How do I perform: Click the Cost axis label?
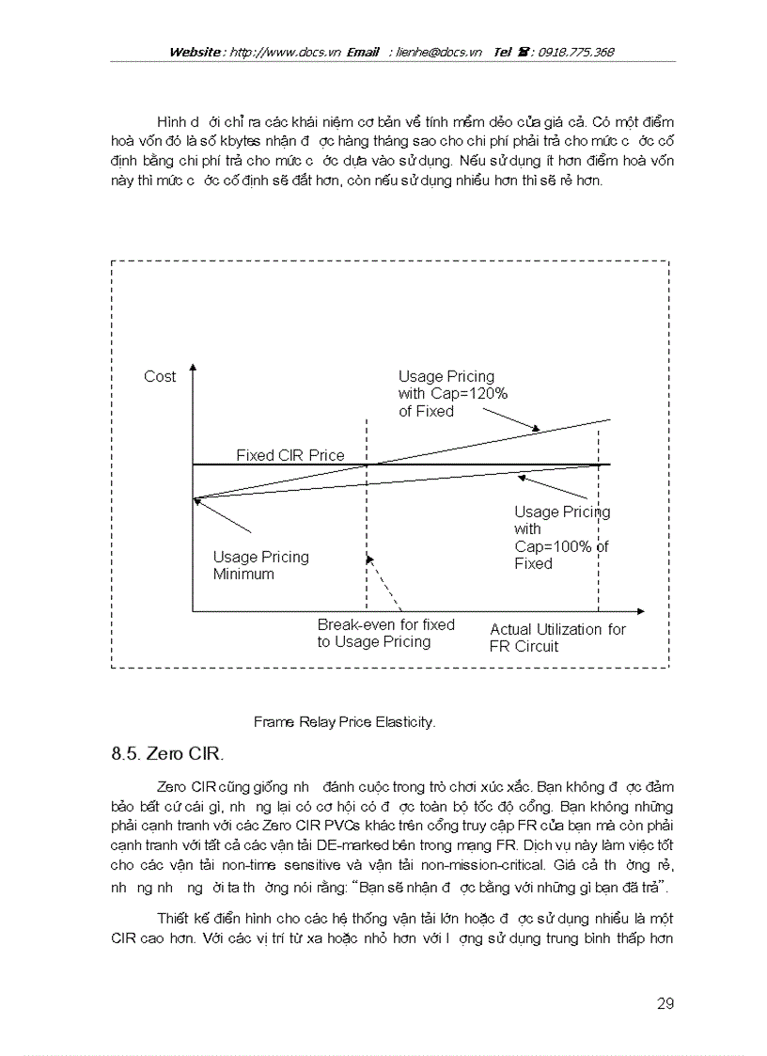(x=160, y=376)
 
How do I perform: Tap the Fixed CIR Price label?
(x=290, y=455)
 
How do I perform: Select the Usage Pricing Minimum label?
(x=260, y=565)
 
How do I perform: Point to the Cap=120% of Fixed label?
(x=446, y=394)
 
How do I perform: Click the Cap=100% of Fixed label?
(x=561, y=538)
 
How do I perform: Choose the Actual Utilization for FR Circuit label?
(x=557, y=638)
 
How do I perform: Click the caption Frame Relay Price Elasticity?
(x=345, y=722)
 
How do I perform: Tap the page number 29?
(x=665, y=1003)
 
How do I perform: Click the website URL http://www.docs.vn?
(x=285, y=52)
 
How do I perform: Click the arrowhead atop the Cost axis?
(x=193, y=370)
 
